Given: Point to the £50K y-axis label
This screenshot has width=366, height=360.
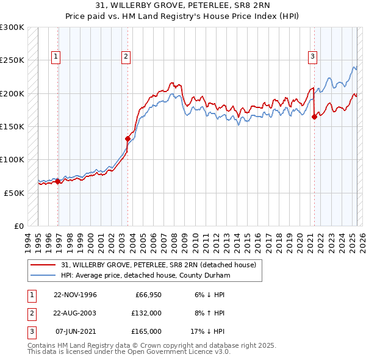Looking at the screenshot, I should tap(14, 193).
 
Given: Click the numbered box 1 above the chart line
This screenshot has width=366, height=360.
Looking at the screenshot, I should tap(56, 57).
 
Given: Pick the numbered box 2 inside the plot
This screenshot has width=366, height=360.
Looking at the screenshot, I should tap(126, 57).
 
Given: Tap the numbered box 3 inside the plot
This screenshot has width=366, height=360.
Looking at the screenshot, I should tap(312, 57).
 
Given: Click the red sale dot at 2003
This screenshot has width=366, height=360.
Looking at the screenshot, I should tap(128, 139).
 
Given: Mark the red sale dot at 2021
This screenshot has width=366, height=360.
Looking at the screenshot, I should tap(315, 117).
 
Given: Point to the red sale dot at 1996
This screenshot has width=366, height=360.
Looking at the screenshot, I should tap(58, 181).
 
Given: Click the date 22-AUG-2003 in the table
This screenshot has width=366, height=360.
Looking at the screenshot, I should tap(75, 313).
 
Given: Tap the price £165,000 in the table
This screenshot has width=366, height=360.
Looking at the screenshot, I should tap(147, 331).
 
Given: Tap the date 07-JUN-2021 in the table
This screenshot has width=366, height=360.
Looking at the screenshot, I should tap(75, 331).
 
